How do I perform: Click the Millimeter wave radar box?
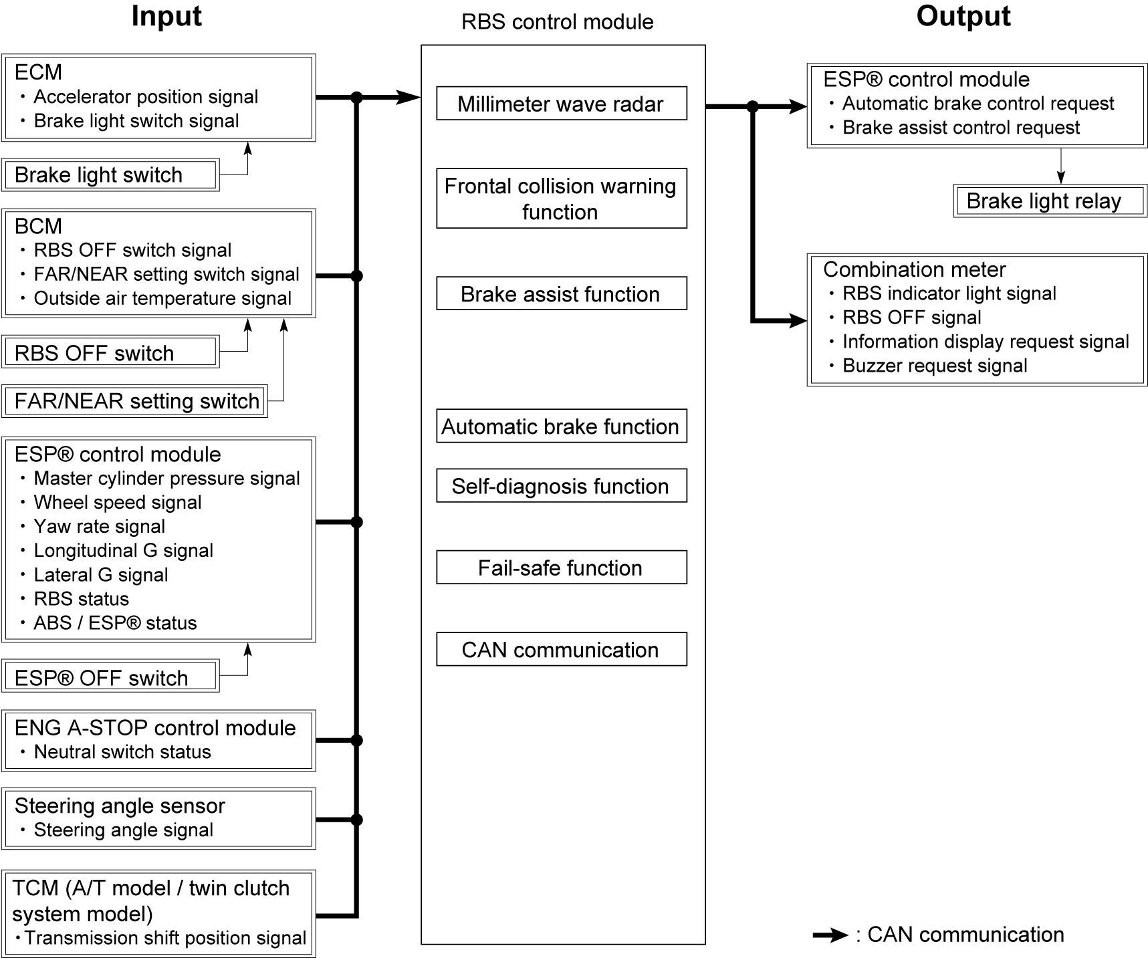(562, 104)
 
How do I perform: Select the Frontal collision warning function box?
(562, 199)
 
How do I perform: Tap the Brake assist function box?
(562, 293)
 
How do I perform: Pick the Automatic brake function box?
(562, 426)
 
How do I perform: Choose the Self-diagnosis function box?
(562, 486)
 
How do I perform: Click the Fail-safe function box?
(562, 568)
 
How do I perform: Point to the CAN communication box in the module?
(562, 649)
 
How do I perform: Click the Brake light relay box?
(1050, 201)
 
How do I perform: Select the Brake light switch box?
(110, 175)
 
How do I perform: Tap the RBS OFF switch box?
(110, 352)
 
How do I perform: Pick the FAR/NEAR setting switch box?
(134, 401)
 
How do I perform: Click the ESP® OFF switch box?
(110, 677)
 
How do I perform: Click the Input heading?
(166, 16)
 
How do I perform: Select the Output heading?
(963, 16)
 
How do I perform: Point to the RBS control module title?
(558, 22)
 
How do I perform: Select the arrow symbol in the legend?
(830, 935)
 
